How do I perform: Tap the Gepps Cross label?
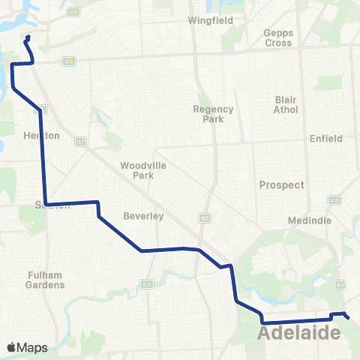[x=278, y=37]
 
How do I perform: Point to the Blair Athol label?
[x=286, y=105]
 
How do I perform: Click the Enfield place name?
[x=325, y=139]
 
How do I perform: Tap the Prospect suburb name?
[x=281, y=184]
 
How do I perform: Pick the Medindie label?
[x=304, y=221]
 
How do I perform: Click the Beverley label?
[x=146, y=216]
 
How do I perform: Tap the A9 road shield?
[x=72, y=12]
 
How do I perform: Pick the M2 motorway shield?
[x=203, y=218]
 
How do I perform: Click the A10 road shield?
[x=334, y=200]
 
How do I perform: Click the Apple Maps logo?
[x=28, y=347]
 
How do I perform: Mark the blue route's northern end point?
[x=28, y=37]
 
